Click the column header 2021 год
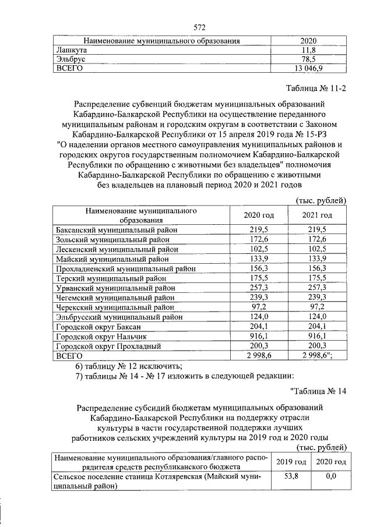317,215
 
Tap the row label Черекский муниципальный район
114,307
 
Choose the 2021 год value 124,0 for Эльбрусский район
317,317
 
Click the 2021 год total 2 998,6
318,356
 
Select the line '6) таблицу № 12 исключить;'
129,366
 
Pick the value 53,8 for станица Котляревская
291,476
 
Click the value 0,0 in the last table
330,476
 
